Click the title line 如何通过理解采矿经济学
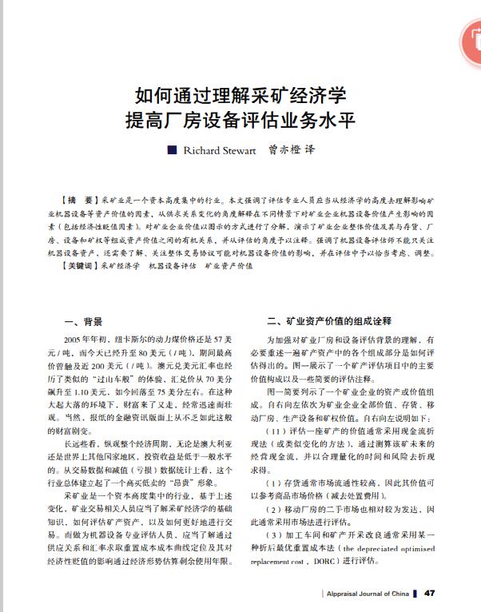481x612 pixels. click(240, 96)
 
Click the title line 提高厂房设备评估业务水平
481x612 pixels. click(240, 122)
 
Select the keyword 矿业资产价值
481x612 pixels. click(229, 265)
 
